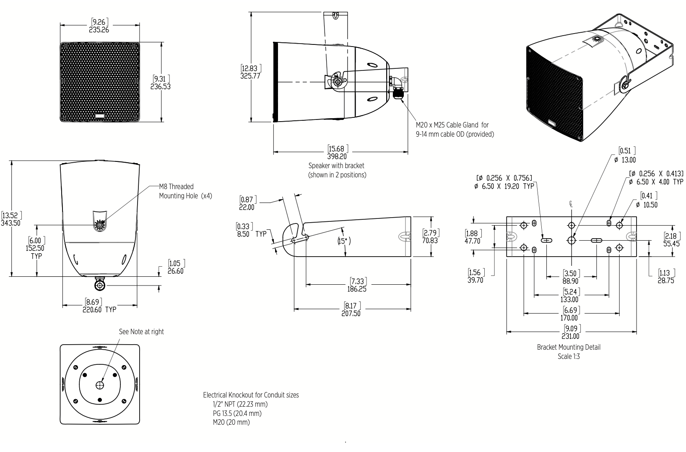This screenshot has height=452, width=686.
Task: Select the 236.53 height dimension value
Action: click(161, 86)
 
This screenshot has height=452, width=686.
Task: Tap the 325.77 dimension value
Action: click(250, 76)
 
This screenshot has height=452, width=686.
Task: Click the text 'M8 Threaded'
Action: click(176, 187)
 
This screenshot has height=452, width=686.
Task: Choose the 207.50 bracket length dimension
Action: click(351, 313)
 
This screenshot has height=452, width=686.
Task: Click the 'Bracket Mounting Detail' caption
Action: click(568, 347)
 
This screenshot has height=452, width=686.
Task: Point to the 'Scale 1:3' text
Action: click(569, 356)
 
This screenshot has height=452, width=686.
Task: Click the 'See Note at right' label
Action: click(141, 332)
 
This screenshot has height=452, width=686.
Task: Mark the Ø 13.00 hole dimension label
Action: click(624, 160)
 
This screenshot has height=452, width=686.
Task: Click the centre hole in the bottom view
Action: click(100, 385)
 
